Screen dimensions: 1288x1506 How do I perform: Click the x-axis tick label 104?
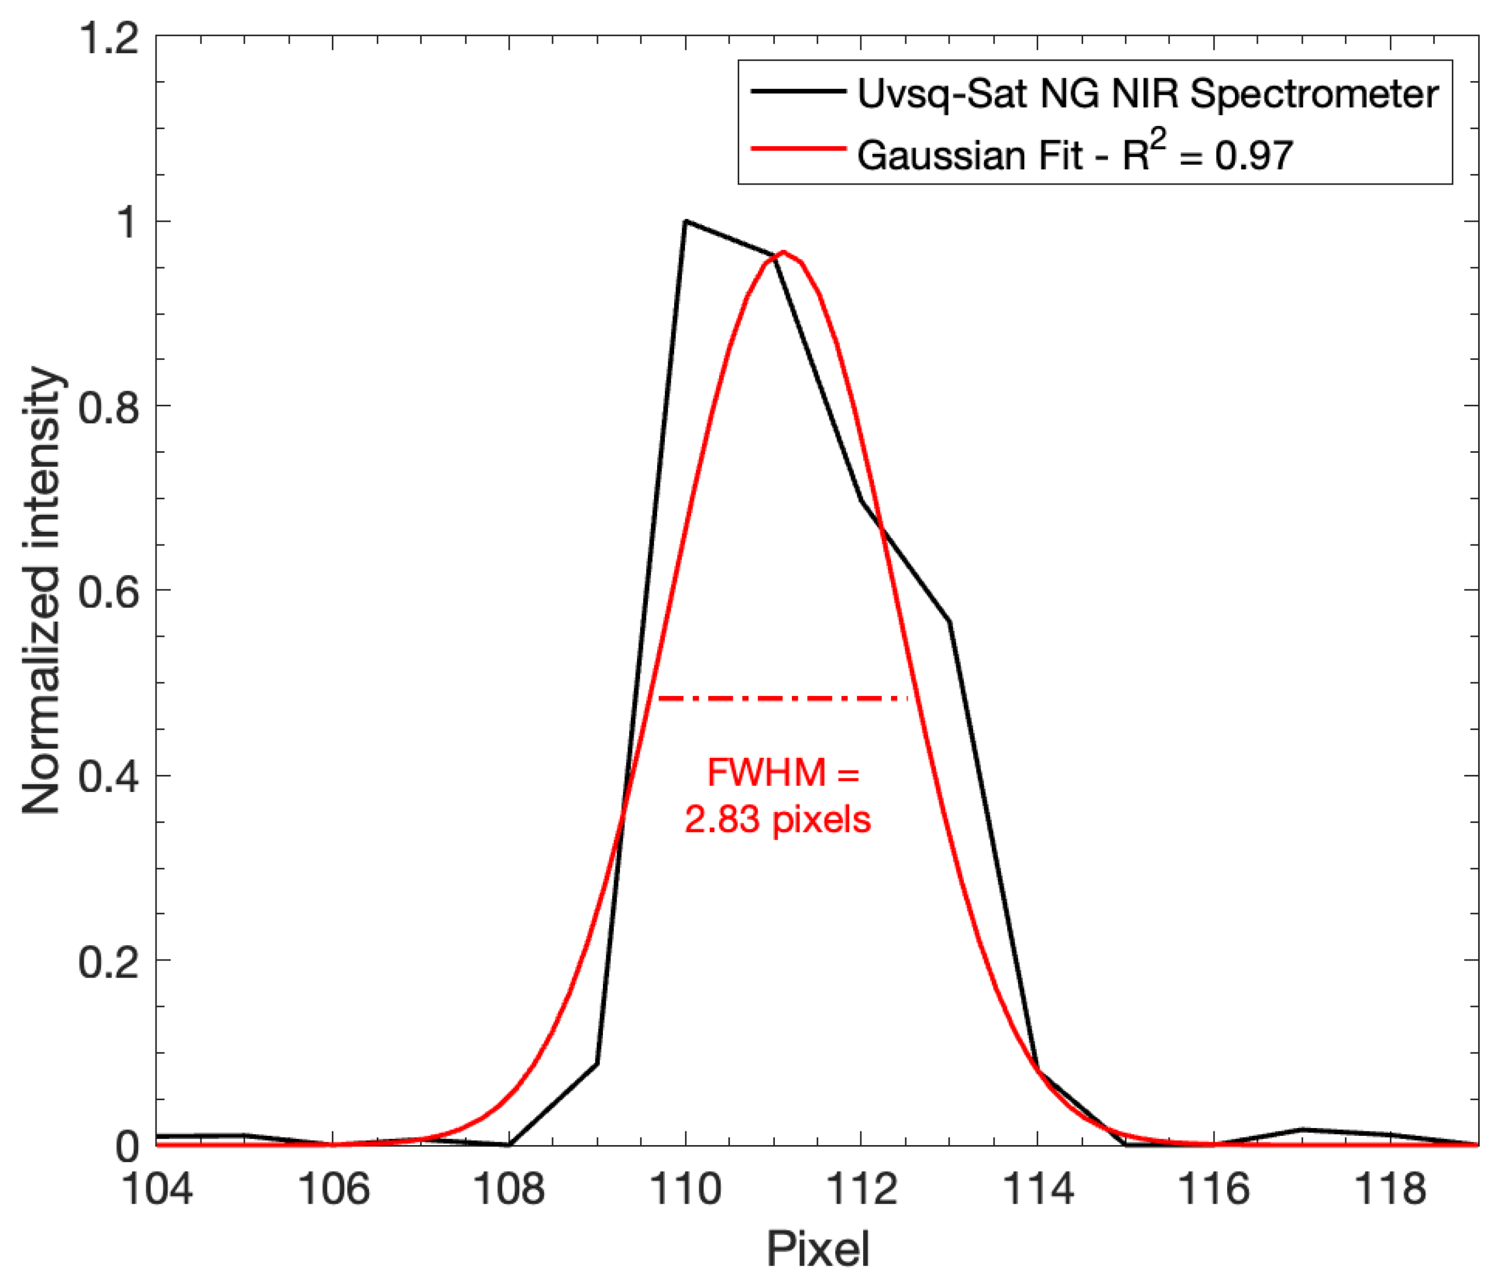[x=157, y=1190]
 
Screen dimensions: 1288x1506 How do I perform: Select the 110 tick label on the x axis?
[x=686, y=1190]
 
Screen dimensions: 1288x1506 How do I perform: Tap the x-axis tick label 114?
[x=1037, y=1190]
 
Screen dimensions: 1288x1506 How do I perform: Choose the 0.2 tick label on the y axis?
[x=108, y=962]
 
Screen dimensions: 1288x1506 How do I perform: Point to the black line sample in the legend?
[x=798, y=93]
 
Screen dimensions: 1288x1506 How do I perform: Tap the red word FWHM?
[x=767, y=772]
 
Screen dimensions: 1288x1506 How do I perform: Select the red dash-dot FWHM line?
[x=782, y=699]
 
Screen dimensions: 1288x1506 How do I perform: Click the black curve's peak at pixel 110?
[x=686, y=221]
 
